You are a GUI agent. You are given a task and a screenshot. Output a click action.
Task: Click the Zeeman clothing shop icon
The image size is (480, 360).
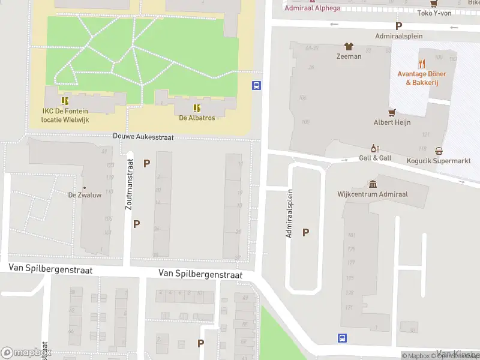pos(348,46)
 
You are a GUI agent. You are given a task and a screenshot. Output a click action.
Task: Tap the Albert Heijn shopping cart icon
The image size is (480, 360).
pos(392,112)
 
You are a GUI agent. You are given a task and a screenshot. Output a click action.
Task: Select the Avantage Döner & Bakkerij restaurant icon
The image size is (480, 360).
pos(422,63)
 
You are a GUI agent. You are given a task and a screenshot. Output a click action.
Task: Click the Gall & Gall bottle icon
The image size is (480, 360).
pos(375,148)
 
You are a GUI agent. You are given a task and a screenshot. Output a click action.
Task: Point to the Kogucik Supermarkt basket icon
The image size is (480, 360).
pos(439,151)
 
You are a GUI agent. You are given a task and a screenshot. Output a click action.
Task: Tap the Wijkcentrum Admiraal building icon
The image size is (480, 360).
pos(373,184)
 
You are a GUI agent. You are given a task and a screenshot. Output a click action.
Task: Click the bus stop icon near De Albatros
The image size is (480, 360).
pos(256,85)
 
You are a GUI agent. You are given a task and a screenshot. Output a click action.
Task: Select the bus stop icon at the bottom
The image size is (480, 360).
pos(342,338)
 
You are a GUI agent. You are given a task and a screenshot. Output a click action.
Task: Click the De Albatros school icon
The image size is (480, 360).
pos(196,108)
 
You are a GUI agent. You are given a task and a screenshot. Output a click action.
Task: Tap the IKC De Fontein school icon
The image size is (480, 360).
pos(65,101)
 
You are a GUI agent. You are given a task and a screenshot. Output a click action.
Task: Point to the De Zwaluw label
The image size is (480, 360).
pos(83,195)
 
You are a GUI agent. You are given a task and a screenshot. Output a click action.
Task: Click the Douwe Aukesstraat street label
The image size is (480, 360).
pos(143,137)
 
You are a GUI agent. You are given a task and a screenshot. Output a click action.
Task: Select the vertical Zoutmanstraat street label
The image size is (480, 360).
pos(128,184)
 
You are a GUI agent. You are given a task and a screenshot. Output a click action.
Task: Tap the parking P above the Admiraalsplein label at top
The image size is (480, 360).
pos(398,26)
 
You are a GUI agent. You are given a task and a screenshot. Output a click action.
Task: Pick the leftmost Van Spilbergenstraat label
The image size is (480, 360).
pos(50,270)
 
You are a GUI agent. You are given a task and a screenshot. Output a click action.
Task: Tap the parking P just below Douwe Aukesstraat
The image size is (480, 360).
pos(146,163)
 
